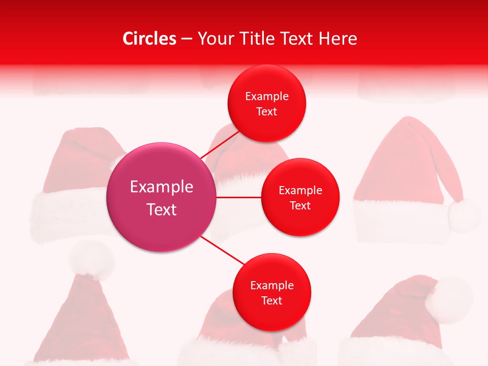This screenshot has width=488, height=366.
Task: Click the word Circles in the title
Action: pos(149,39)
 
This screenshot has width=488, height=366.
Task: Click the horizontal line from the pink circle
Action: pos(239,197)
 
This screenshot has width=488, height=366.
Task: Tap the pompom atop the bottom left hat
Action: pos(92,259)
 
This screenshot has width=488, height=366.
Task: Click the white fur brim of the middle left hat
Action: pos(66,213)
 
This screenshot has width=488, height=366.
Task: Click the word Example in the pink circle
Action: pos(162,187)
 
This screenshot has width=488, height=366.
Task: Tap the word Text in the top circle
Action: pos(267,112)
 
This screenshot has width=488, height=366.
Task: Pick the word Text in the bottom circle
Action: pos(272,301)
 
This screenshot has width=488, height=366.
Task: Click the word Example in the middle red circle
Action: pos(300,191)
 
